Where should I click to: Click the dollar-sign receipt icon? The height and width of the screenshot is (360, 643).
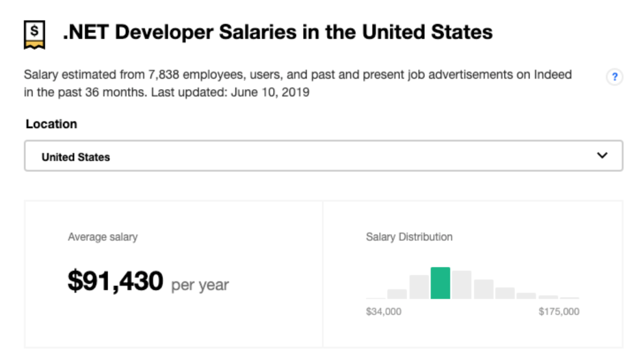click(35, 34)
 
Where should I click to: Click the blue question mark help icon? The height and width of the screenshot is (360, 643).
click(615, 77)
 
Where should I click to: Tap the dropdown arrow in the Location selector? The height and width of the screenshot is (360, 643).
click(602, 156)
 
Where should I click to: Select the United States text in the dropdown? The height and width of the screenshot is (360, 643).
click(75, 157)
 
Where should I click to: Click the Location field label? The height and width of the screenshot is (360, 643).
click(51, 124)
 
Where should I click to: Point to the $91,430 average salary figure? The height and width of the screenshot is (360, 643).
click(116, 281)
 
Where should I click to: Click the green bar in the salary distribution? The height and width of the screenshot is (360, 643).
click(440, 283)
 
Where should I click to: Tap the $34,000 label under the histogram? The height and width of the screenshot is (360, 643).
click(384, 312)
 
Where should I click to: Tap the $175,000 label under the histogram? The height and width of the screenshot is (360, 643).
click(559, 312)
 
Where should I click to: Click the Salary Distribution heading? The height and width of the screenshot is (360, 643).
click(409, 237)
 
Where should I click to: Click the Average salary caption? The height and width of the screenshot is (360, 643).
click(102, 237)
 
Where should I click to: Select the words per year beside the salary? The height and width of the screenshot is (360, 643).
click(200, 285)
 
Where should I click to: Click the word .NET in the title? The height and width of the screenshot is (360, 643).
click(85, 32)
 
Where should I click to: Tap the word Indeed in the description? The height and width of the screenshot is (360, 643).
click(553, 75)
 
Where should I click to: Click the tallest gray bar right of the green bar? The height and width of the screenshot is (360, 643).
click(462, 285)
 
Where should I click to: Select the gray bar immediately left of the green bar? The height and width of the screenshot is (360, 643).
click(419, 287)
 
